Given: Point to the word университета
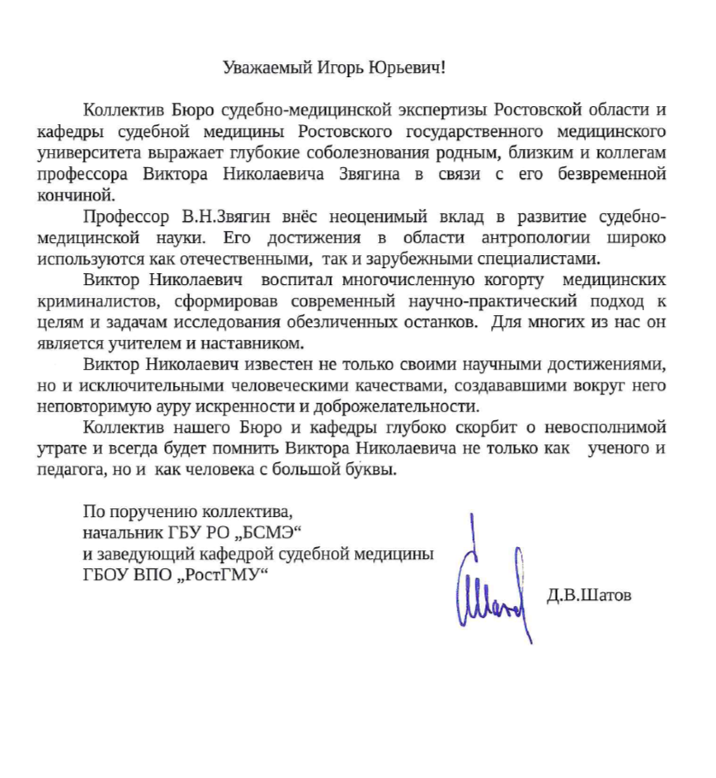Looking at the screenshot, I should [127, 154].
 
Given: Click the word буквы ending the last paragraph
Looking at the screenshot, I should [374, 470].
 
